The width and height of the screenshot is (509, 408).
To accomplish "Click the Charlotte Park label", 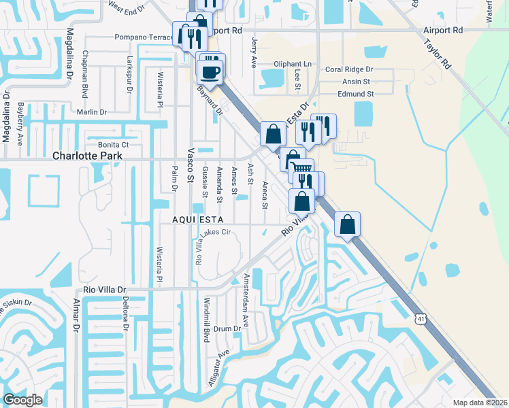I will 88,156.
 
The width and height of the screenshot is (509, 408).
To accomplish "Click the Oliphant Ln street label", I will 292,64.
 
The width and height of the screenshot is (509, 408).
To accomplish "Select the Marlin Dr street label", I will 92,112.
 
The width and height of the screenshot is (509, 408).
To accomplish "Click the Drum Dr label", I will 228,328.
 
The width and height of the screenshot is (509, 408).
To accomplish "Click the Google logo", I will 23,400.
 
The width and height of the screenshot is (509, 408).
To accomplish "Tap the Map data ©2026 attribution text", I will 480,403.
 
